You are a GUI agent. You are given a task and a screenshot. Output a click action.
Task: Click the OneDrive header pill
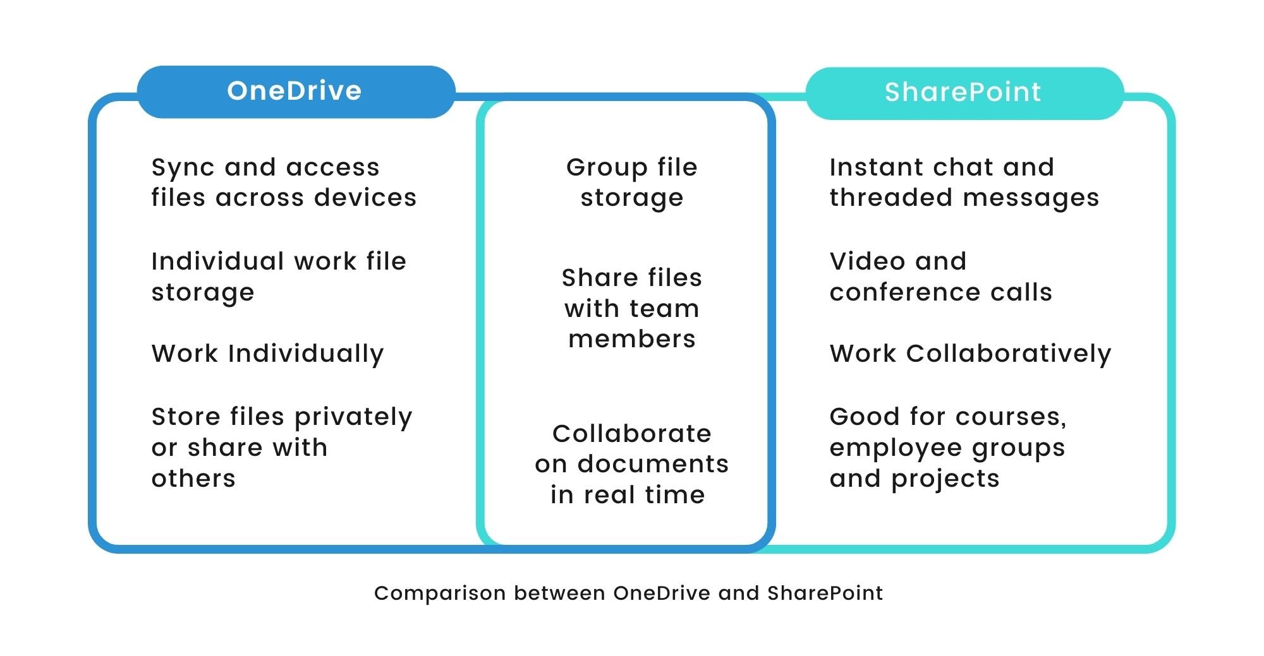pos(295,92)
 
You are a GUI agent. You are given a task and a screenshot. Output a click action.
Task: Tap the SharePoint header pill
pos(963,93)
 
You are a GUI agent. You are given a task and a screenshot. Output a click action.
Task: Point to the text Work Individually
pos(267,354)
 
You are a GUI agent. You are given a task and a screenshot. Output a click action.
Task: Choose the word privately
pos(353,417)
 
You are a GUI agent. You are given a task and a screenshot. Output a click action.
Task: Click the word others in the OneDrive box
pos(193,479)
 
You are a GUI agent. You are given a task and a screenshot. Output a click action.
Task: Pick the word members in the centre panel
pos(632,339)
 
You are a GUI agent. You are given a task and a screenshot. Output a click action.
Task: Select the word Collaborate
pos(632,434)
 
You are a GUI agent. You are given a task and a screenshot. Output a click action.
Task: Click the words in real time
pos(628,494)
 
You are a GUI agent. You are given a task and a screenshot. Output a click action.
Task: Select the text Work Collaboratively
pos(970,354)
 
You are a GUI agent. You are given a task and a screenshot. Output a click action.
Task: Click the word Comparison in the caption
pos(440,593)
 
